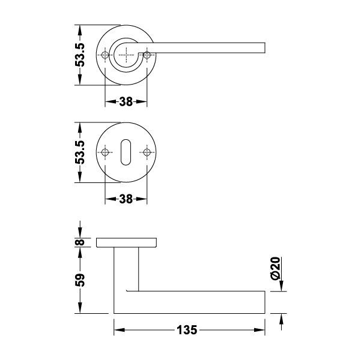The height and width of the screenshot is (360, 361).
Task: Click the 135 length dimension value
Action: tap(187, 330)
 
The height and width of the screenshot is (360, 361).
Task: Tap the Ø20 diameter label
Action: tap(275, 268)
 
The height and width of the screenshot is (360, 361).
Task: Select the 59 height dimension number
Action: tap(80, 280)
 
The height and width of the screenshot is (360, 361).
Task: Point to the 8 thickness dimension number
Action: tap(80, 242)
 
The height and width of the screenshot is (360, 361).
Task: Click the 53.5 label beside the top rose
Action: tap(80, 55)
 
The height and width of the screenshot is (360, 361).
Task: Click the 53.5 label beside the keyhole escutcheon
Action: tap(80, 152)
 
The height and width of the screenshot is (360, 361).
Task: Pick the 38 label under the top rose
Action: tap(126, 101)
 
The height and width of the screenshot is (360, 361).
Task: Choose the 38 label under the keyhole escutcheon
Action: tap(126, 199)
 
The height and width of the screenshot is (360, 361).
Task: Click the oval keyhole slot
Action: tap(126, 152)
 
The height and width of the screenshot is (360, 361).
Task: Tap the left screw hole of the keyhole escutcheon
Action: tap(105, 152)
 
